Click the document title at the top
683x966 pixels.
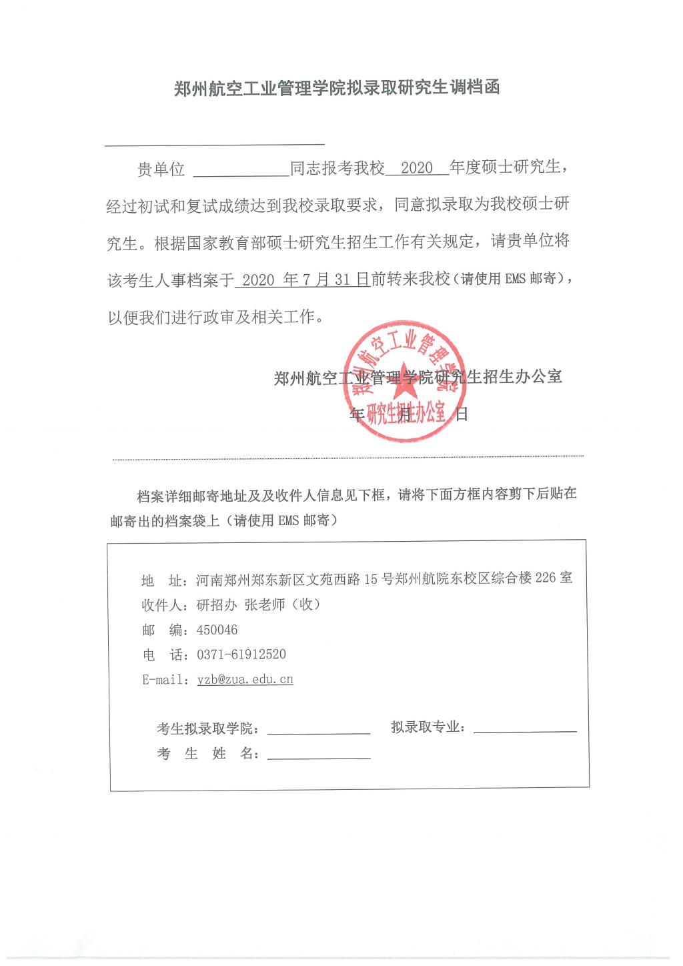[x=337, y=89]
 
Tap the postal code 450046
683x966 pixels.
[x=217, y=630]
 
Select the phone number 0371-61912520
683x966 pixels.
[x=241, y=654]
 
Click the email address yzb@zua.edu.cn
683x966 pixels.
[x=245, y=679]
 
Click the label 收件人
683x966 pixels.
[x=161, y=605]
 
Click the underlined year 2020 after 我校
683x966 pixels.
[x=418, y=167]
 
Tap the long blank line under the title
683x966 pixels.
[x=215, y=143]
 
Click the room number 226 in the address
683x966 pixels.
[x=545, y=578]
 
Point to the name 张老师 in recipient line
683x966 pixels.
[x=265, y=604]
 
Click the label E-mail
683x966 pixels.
[x=164, y=680]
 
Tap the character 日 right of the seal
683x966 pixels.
[x=461, y=414]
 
